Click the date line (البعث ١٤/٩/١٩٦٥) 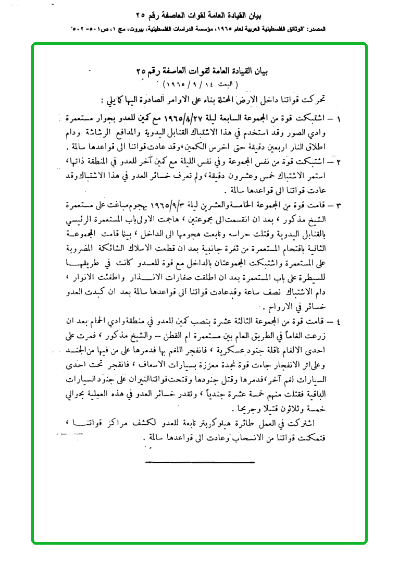click(200, 83)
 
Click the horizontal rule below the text click(200, 462)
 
